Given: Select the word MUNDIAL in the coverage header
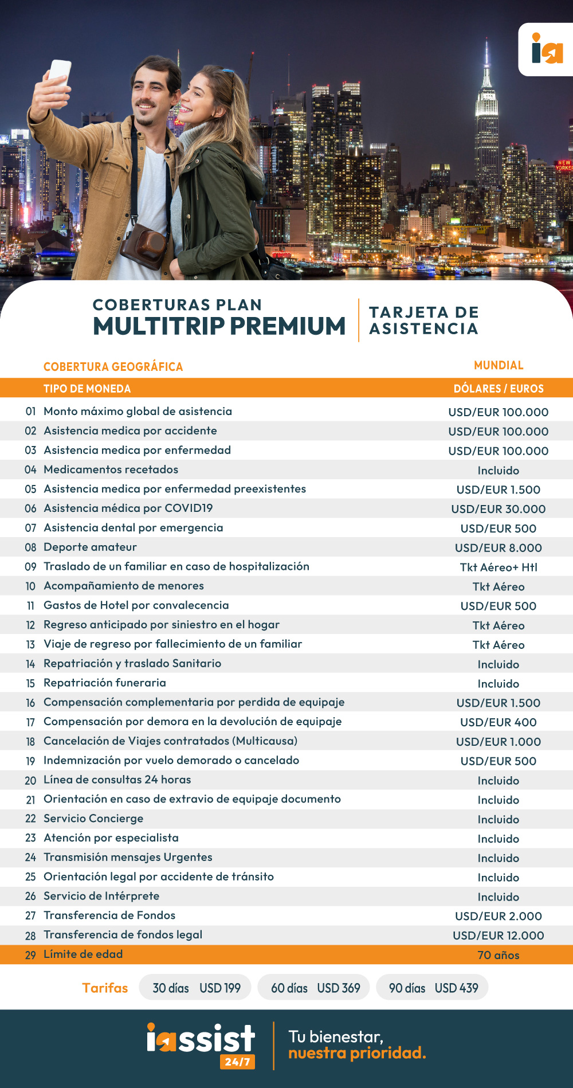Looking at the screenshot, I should (x=499, y=365).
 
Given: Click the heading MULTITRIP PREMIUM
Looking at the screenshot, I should (x=219, y=326).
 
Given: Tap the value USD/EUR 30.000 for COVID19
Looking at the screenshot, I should (x=498, y=509).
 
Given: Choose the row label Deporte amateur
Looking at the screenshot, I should (x=90, y=547).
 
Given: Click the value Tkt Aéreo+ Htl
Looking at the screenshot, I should (x=498, y=567).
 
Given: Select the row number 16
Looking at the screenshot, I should (x=30, y=703).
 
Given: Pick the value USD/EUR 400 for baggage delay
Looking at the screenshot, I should (x=498, y=722).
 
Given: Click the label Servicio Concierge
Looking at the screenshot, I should (x=93, y=819).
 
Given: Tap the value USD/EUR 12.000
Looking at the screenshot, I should (x=498, y=936).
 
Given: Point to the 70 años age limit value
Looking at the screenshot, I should (x=498, y=955).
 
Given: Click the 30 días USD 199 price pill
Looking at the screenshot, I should (x=195, y=988).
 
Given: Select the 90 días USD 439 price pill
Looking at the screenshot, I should (x=433, y=988).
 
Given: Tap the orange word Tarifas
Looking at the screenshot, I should (x=105, y=988).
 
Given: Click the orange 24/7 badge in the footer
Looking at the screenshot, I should (x=237, y=1062).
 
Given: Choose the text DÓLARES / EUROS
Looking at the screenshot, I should (x=498, y=389).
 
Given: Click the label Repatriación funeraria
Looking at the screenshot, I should (x=105, y=683).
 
